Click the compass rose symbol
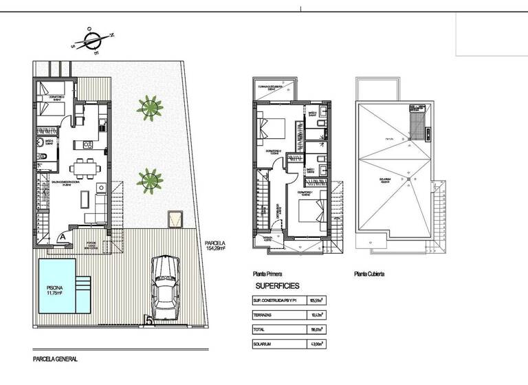pyautogui.click(x=93, y=39)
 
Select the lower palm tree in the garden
pyautogui.click(x=149, y=180)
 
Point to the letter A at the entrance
pyautogui.click(x=63, y=235)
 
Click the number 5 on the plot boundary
pyautogui.click(x=148, y=320)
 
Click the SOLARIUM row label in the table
pyautogui.click(x=266, y=343)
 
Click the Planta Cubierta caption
pyautogui.click(x=369, y=274)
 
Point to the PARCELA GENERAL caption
pyautogui.click(x=55, y=359)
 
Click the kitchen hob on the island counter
pyautogui.click(x=88, y=144)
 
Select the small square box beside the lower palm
pyautogui.click(x=174, y=219)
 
